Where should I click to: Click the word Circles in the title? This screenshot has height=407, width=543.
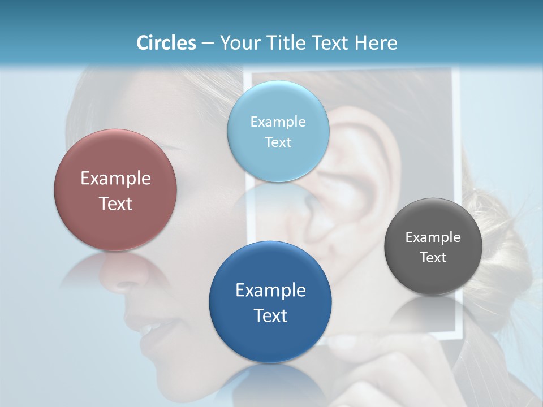pos(166,43)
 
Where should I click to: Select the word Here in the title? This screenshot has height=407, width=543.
pos(376,43)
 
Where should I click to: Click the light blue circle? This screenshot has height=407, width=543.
pos(278,131)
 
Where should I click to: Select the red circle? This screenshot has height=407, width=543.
pos(115,190)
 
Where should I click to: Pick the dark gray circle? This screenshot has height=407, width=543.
pos(433,246)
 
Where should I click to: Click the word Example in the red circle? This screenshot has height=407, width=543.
pos(115,178)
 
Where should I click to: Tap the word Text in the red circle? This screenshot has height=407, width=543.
pos(115,203)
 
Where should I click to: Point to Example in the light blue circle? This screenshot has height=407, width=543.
pos(278,122)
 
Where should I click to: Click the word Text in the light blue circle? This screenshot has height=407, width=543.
pos(278,142)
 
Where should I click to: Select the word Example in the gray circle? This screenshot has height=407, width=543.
pos(433,237)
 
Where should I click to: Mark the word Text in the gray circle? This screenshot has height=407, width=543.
pos(433,258)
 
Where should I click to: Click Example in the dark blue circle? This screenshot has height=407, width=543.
pos(270,290)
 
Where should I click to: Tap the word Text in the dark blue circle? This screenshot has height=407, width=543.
pos(270,315)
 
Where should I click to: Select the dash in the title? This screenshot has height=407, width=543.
pos(208,44)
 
